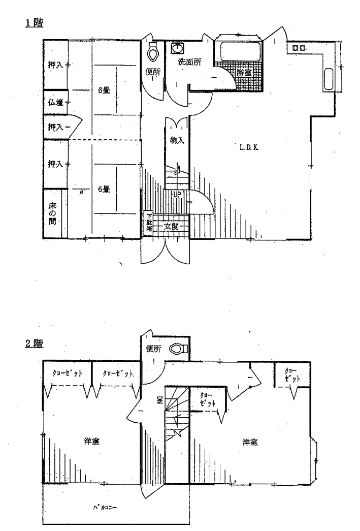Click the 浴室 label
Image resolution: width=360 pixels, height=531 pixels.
pyautogui.click(x=244, y=73)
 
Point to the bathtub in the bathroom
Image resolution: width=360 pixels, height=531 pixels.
pyautogui.click(x=238, y=52)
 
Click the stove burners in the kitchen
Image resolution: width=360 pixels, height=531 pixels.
pyautogui.click(x=299, y=48)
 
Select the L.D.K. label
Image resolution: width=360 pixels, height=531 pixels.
pyautogui.click(x=249, y=148)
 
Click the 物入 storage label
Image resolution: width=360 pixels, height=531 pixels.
pyautogui.click(x=177, y=141)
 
